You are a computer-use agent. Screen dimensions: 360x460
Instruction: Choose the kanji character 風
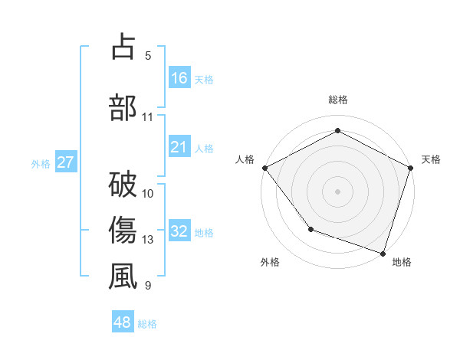[123, 277]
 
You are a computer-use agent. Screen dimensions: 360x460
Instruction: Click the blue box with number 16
[179, 78]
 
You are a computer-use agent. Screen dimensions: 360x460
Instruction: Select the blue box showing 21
[179, 147]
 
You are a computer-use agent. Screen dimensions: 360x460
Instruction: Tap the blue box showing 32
[179, 231]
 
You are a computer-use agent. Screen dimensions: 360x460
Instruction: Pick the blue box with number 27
[66, 162]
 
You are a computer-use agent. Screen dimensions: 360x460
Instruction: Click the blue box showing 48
[123, 322]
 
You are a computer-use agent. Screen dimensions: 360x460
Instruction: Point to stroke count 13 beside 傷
[148, 241]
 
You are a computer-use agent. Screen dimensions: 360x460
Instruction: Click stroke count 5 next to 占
[148, 55]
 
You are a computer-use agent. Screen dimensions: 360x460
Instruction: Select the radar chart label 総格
[338, 100]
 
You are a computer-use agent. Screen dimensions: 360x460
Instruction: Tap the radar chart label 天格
[431, 159]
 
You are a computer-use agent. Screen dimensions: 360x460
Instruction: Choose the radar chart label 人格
[245, 159]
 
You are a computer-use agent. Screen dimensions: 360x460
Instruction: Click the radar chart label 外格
[270, 262]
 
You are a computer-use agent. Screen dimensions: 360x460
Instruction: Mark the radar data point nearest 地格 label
[383, 252]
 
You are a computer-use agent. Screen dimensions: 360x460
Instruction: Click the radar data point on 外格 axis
[310, 229]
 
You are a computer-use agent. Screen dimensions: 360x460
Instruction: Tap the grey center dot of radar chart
[338, 191]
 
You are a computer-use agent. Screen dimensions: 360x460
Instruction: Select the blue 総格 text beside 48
[147, 324]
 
